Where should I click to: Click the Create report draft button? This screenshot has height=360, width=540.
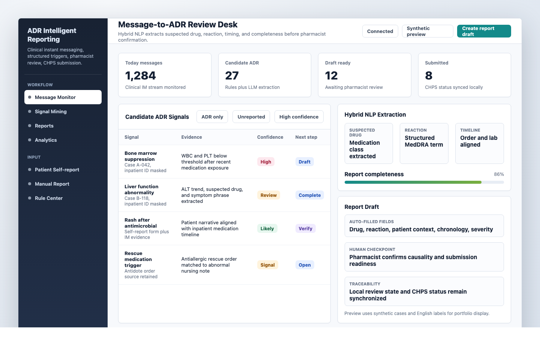point(484,31)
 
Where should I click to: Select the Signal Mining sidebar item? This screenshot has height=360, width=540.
point(51,111)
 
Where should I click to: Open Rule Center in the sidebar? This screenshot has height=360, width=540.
point(49,198)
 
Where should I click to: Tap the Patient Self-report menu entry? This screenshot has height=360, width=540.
point(57,169)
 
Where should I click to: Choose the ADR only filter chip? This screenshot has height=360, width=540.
point(212,117)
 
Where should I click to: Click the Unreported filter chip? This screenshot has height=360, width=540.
point(251,117)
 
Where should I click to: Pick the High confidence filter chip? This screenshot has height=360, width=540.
point(299,117)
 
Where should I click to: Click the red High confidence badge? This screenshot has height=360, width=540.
point(266,162)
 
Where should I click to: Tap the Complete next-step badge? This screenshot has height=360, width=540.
point(309,195)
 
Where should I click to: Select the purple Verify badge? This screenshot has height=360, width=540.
point(305,228)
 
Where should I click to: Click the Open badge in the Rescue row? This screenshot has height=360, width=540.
point(304,265)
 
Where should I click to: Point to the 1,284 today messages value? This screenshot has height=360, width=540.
point(141,76)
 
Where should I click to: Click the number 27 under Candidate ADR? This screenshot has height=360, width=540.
point(232,76)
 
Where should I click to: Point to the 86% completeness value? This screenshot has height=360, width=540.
point(499,174)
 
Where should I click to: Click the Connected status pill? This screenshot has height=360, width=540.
point(380,31)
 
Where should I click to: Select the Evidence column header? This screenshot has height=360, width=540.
point(192,137)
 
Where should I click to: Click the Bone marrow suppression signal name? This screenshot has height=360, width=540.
point(141,156)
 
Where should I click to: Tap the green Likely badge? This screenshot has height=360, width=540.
point(267,228)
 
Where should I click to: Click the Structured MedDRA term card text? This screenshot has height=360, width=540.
point(424,141)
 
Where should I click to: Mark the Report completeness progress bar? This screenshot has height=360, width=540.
point(424,182)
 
